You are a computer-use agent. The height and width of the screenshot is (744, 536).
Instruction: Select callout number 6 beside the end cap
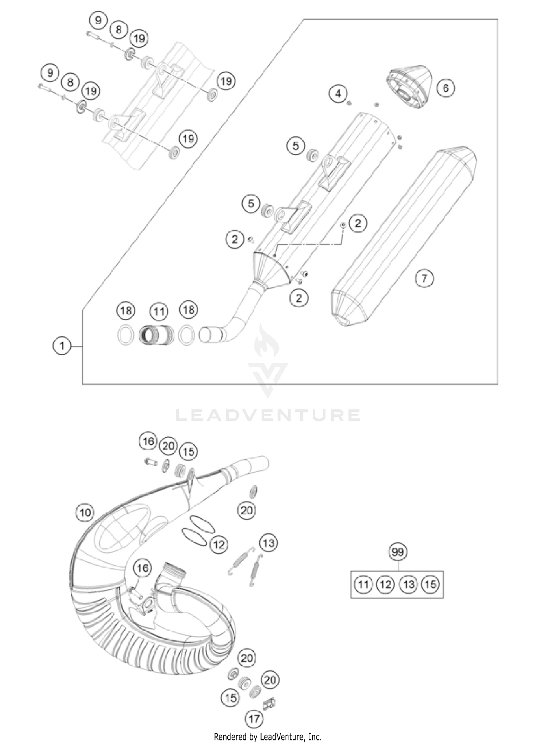[445, 88]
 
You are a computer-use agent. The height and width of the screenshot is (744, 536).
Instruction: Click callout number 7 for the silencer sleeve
[424, 278]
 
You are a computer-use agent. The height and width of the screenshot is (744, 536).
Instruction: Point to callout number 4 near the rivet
[338, 94]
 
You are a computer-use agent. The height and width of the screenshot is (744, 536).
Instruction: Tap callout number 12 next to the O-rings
[219, 544]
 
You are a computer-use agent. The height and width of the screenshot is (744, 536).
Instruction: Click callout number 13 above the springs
[268, 543]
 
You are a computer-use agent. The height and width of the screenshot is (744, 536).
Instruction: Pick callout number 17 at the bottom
[254, 719]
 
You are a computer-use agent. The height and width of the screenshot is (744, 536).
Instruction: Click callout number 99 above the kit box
[397, 552]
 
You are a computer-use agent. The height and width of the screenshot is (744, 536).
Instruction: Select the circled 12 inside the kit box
[385, 584]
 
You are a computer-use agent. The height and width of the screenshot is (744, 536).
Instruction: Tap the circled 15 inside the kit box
[431, 584]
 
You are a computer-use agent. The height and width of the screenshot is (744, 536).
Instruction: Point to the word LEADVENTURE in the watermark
[268, 415]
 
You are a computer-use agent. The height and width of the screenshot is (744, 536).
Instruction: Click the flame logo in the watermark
[267, 343]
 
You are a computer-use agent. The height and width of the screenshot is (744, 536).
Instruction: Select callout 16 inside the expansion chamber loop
[142, 568]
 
